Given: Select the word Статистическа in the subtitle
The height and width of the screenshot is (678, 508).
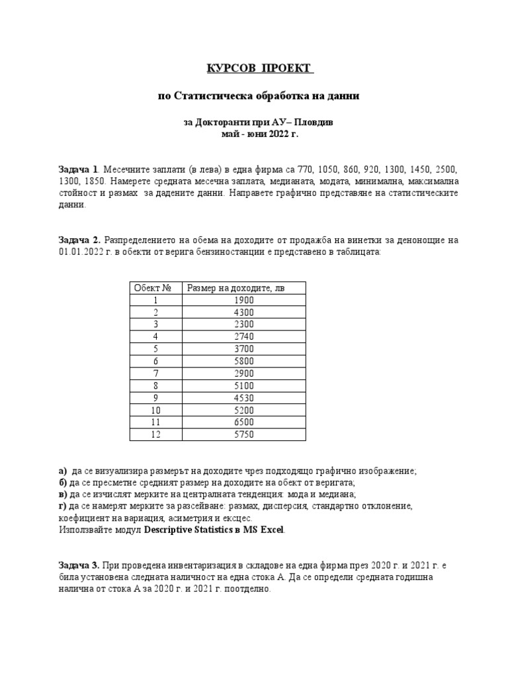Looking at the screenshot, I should tap(209, 96).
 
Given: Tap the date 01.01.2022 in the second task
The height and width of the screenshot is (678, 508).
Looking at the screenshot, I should tap(77, 252).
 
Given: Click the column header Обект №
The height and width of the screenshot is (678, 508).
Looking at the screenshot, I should tap(153, 288).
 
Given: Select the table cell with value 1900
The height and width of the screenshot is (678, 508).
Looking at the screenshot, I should tap(243, 300).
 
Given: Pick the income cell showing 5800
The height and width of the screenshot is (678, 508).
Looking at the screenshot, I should tap(243, 362).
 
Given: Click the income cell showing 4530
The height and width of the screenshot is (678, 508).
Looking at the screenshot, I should tap(243, 398).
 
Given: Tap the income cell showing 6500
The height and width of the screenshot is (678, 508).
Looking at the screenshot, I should tap(243, 422).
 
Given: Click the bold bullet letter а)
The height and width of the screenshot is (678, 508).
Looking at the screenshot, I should tap(63, 471).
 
